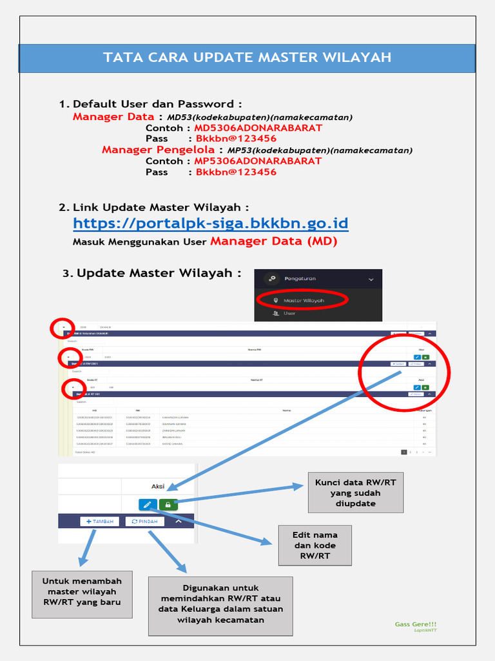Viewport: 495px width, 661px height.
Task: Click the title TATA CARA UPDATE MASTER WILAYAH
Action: (x=247, y=57)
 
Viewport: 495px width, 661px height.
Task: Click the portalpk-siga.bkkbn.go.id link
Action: (x=210, y=223)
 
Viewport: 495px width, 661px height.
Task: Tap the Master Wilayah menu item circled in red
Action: (x=303, y=300)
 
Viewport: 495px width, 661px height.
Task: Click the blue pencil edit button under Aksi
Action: (x=147, y=505)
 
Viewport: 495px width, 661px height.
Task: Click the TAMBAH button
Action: (x=99, y=521)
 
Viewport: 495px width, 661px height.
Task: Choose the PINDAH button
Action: (x=145, y=521)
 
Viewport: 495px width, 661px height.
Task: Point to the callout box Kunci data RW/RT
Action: (x=355, y=493)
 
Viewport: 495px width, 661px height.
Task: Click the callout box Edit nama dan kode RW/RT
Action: (x=315, y=545)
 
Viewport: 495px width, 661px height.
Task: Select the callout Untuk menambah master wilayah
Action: (x=82, y=594)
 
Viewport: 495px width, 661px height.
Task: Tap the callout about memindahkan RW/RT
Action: (x=220, y=605)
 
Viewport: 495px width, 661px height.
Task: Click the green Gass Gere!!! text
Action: (x=416, y=624)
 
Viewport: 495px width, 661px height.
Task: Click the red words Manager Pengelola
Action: (x=158, y=150)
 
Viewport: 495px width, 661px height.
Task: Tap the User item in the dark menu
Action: (x=289, y=313)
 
